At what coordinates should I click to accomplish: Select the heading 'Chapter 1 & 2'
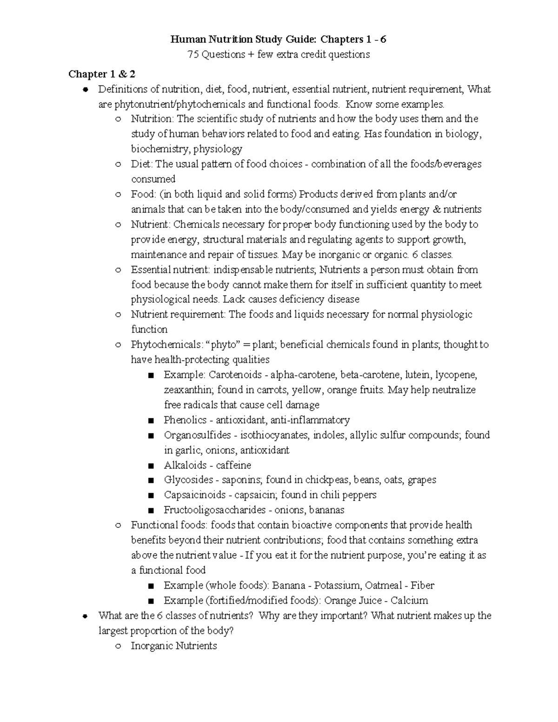tap(102, 74)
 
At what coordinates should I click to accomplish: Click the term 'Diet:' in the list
tap(142, 164)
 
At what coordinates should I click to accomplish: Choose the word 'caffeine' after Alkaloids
tap(234, 465)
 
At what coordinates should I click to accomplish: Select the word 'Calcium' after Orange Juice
tap(409, 600)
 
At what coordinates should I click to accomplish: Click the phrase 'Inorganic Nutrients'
tap(174, 646)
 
